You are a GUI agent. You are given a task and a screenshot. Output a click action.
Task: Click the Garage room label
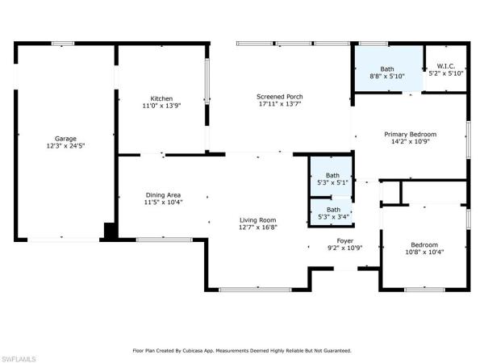tap(65, 139)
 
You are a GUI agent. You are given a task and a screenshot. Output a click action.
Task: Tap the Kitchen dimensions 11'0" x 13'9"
tap(161, 106)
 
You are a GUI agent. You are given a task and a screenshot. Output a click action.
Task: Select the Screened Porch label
tap(280, 97)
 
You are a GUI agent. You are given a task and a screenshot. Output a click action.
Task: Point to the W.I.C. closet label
tap(446, 66)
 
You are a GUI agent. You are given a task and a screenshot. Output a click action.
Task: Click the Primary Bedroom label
tap(411, 134)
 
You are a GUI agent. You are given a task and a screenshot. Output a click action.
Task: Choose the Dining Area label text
tap(163, 195)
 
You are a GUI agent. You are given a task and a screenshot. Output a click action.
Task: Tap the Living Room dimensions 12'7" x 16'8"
tap(258, 227)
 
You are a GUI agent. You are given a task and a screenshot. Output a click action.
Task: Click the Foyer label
tap(344, 240)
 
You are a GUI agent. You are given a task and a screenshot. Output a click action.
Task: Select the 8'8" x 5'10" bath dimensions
tap(387, 76)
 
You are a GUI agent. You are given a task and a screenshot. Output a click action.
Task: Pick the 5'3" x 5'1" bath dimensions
tap(332, 182)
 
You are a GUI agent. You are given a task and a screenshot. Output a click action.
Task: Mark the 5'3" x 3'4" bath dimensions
tap(333, 217)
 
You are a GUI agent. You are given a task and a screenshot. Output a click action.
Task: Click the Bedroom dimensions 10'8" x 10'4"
tap(424, 252)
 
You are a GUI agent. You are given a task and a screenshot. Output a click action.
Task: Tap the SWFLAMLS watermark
tap(18, 359)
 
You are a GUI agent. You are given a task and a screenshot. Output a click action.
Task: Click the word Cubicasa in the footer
tap(190, 351)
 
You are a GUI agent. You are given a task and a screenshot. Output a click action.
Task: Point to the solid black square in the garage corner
tap(110, 231)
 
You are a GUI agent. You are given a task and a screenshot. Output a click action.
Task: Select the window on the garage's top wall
tap(63, 44)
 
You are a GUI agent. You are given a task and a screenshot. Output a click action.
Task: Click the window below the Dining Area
tap(165, 240)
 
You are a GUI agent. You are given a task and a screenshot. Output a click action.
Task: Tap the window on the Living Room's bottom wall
tap(255, 290)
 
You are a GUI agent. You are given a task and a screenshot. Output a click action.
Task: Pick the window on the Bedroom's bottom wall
tap(425, 290)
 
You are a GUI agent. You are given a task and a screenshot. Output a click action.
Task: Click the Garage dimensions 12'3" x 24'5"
tap(65, 146)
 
